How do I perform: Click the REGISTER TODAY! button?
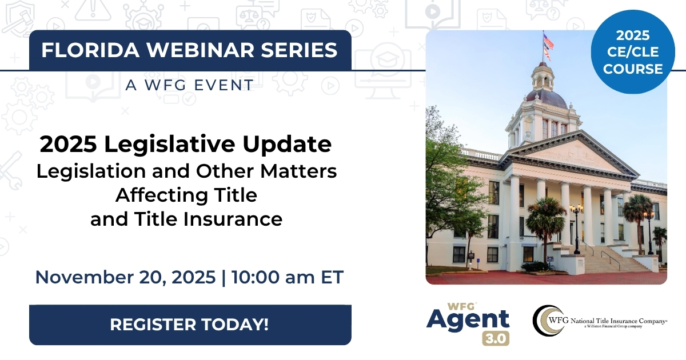click(190, 325)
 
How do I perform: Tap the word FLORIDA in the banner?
click(91, 50)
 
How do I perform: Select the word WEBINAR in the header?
click(201, 50)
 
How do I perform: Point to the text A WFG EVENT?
click(190, 85)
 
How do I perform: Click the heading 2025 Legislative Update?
click(186, 144)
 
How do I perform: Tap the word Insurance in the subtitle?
click(233, 219)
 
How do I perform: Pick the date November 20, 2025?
click(126, 277)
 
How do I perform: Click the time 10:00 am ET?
click(288, 277)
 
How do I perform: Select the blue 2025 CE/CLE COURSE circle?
click(633, 52)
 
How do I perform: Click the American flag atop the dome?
click(548, 41)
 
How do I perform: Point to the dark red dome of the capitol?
click(547, 98)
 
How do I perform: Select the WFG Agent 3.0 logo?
click(468, 324)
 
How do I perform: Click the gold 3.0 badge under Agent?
click(496, 338)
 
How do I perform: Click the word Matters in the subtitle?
click(298, 171)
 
